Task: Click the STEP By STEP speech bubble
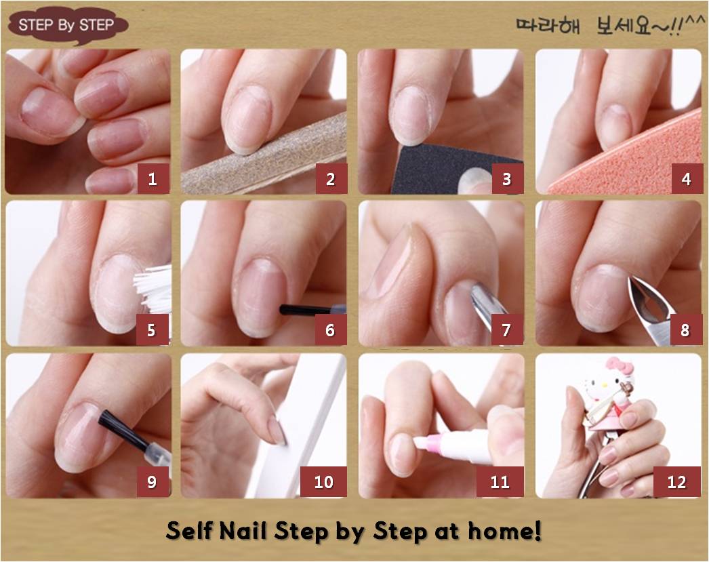68,25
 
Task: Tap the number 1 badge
153,179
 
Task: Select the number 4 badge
686,179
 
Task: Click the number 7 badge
506,330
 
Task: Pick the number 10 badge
323,481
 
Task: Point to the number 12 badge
677,481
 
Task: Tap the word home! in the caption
504,530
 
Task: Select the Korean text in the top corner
611,25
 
